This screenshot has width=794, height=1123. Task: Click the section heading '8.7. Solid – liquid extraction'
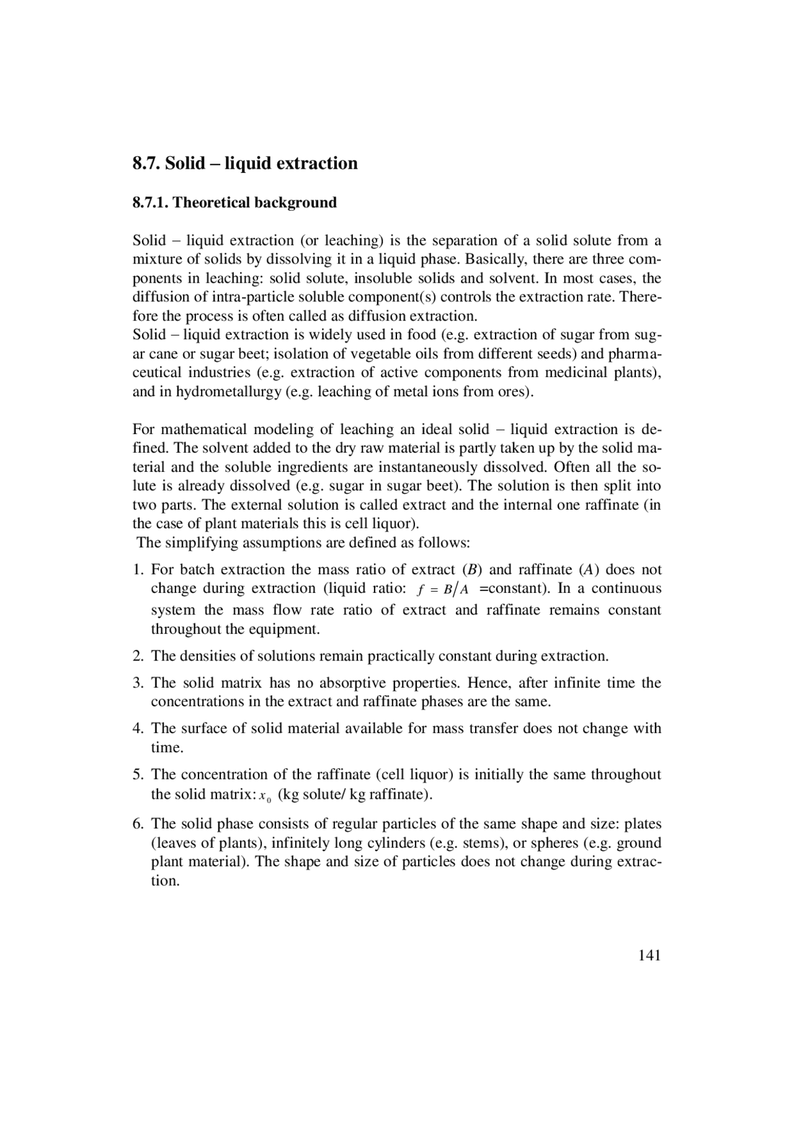(245, 164)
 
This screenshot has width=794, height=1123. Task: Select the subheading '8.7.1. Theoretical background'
(234, 203)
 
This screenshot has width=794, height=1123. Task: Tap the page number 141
(649, 956)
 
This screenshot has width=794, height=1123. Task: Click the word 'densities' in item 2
(208, 656)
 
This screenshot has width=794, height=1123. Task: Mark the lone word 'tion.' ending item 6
(165, 881)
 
